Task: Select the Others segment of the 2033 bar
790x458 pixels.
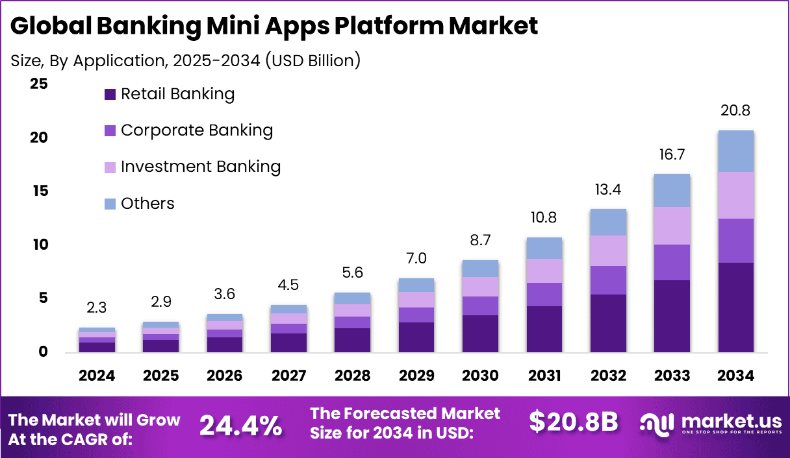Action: pos(672,190)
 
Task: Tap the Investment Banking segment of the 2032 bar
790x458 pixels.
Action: pos(608,250)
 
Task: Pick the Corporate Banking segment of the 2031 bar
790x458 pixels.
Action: pos(544,294)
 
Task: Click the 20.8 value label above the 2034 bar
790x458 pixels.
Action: pos(735,111)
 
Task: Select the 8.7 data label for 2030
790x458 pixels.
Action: pos(480,240)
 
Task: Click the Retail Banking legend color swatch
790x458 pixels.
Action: pos(110,95)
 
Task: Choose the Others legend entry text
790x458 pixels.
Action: pos(147,204)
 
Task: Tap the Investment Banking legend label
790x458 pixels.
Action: pos(201,167)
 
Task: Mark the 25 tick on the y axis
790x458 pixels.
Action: pos(39,84)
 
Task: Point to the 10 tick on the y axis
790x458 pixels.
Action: pos(39,245)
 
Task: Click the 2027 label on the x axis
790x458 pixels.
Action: pos(289,376)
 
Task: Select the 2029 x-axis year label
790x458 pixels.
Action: pos(416,376)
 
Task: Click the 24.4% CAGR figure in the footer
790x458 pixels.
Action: pos(240,426)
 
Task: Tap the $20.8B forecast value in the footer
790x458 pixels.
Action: pos(573,422)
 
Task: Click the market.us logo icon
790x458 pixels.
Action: pos(658,423)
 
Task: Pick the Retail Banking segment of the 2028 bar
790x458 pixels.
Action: pos(353,340)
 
